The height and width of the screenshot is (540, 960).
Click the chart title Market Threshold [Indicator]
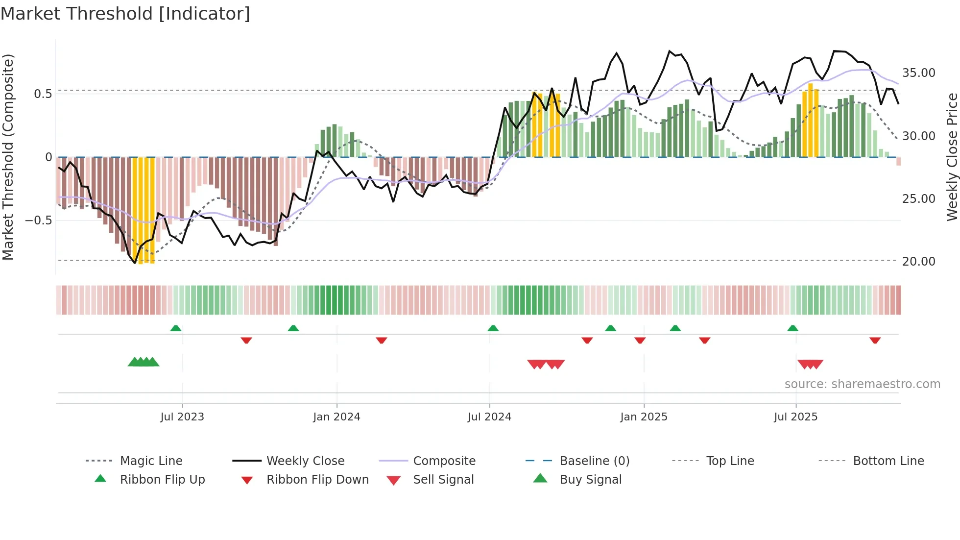click(125, 14)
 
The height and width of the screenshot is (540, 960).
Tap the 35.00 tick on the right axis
click(918, 73)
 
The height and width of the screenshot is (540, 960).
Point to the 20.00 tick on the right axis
click(918, 262)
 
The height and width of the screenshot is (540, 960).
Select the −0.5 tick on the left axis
click(38, 221)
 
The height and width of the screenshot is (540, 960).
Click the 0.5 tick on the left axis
click(43, 94)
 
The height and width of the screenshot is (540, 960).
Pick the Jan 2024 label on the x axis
click(336, 417)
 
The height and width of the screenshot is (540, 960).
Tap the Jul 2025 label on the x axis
click(795, 417)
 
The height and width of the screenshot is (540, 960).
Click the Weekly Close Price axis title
click(952, 157)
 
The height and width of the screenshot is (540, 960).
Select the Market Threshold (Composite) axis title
click(8, 157)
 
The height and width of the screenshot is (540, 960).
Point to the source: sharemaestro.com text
click(862, 384)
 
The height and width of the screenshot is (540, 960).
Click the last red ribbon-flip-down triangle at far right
click(875, 340)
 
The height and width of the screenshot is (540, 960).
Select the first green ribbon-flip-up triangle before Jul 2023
click(176, 328)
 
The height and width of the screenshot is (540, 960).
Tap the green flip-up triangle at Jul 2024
click(493, 328)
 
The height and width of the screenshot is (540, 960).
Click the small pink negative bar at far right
click(898, 161)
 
